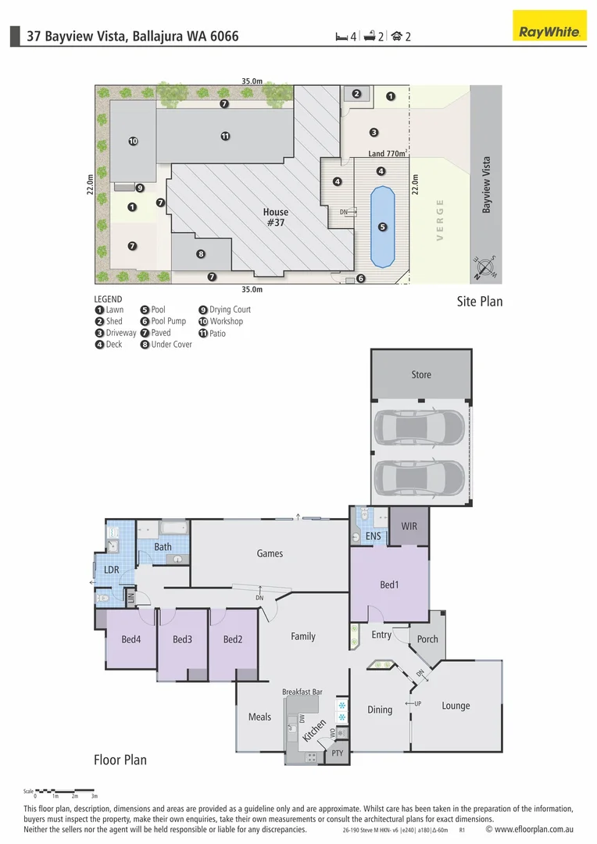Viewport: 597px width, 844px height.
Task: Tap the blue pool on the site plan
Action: pyautogui.click(x=382, y=227)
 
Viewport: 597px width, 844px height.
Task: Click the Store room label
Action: pyautogui.click(x=421, y=374)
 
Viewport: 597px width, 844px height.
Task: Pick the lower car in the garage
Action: pyautogui.click(x=420, y=477)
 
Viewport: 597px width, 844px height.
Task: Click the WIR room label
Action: pyautogui.click(x=409, y=527)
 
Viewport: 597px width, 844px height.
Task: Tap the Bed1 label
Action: pyautogui.click(x=389, y=585)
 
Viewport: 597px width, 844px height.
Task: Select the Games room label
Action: pyautogui.click(x=270, y=553)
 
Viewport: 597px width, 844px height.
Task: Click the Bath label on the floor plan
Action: pyautogui.click(x=163, y=547)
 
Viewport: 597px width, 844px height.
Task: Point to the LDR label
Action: pyautogui.click(x=112, y=570)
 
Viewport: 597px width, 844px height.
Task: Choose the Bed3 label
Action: pyautogui.click(x=182, y=639)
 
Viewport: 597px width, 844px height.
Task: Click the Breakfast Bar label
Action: pyautogui.click(x=302, y=692)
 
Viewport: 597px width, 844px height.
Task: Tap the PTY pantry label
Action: pyautogui.click(x=337, y=753)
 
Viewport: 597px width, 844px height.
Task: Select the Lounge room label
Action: pyautogui.click(x=456, y=706)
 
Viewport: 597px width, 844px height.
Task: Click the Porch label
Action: pyautogui.click(x=427, y=639)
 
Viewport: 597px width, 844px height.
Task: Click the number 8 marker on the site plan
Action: pyautogui.click(x=201, y=254)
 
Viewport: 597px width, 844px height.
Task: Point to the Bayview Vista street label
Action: pyautogui.click(x=486, y=184)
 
